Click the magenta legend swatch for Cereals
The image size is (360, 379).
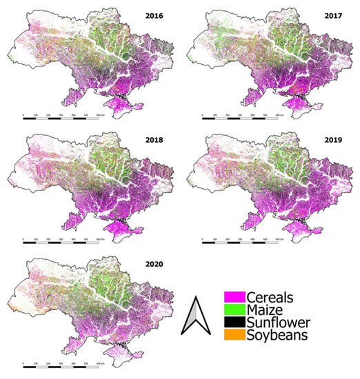[231, 298]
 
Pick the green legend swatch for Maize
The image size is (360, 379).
[231, 310]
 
